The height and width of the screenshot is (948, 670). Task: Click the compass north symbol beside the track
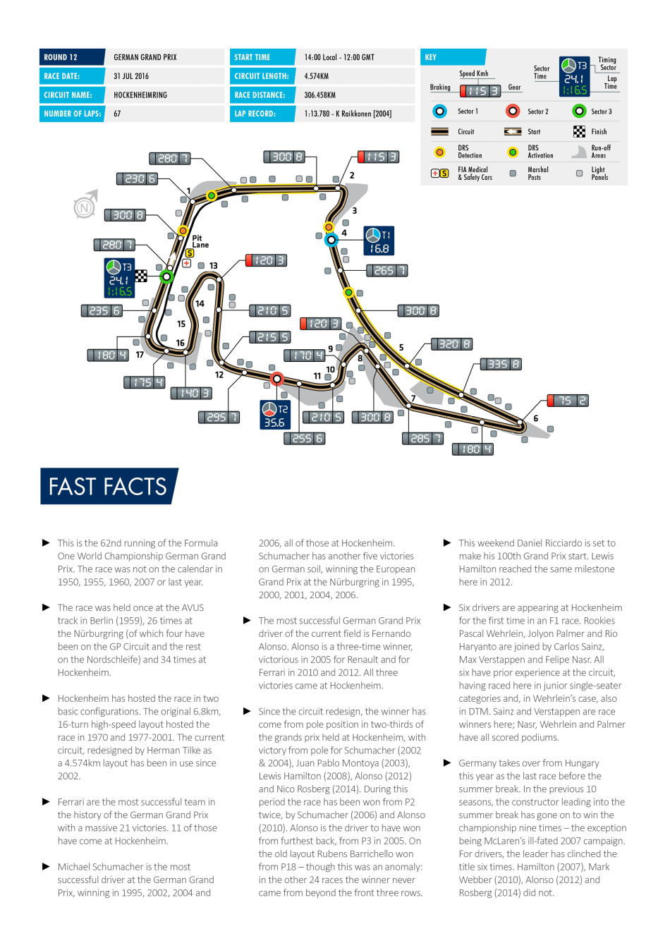tap(85, 206)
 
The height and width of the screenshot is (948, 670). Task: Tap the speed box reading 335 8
tap(501, 364)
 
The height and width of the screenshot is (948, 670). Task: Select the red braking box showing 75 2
tap(567, 401)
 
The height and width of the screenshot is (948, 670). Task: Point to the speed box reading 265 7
tap(387, 270)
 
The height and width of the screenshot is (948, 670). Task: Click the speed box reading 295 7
tap(219, 418)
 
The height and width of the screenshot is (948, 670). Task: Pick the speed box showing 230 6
tap(137, 179)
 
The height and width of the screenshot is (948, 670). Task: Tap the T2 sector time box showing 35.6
tap(275, 415)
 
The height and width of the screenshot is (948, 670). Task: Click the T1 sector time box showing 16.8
tap(379, 241)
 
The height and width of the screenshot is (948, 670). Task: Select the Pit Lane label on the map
tap(200, 242)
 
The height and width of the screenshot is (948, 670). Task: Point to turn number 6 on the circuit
tap(536, 418)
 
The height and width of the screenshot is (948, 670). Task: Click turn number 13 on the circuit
tap(213, 266)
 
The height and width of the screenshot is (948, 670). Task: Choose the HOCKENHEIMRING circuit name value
tap(140, 95)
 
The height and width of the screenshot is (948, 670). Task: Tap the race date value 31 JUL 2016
tap(131, 76)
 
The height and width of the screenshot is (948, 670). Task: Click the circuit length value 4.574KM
tap(317, 76)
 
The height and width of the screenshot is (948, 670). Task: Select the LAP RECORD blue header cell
tap(262, 114)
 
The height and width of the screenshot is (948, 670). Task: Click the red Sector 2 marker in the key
tap(513, 111)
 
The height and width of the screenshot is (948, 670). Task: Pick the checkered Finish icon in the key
tap(579, 131)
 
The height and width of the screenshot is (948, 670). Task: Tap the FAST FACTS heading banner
tap(109, 487)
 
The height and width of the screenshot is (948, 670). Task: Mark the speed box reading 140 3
tap(191, 393)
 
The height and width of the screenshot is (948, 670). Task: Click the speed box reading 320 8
tap(451, 344)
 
